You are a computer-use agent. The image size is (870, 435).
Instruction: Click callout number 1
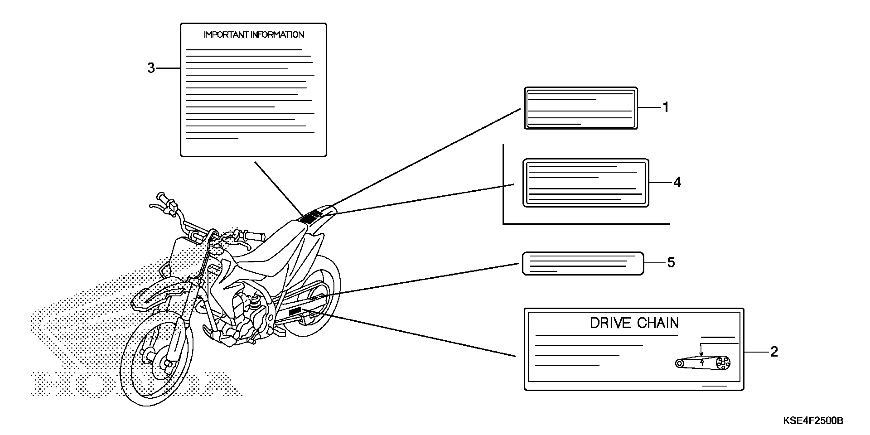click(x=666, y=107)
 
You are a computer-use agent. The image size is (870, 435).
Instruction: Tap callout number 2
click(x=774, y=352)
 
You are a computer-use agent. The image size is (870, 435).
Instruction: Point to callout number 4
click(x=677, y=182)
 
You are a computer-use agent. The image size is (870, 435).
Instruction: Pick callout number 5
click(x=671, y=263)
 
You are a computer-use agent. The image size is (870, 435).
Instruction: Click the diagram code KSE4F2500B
click(x=813, y=421)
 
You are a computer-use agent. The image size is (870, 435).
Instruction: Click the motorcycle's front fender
click(x=155, y=297)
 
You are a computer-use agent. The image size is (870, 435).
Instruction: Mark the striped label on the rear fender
click(x=311, y=216)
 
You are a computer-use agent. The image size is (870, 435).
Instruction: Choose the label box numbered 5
click(x=583, y=264)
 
